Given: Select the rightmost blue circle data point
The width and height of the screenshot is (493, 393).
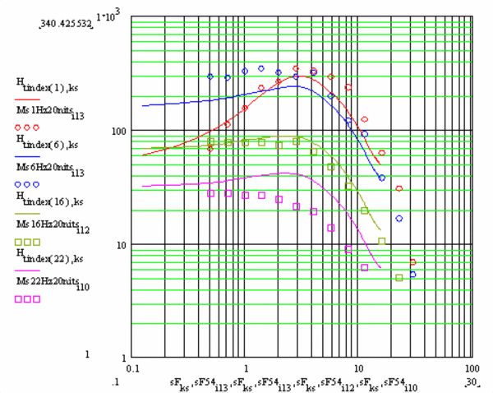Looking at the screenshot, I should click(x=412, y=275).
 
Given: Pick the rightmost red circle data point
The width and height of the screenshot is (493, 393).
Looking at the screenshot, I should click(x=412, y=262).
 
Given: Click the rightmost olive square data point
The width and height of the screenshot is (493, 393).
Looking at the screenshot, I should click(x=399, y=278).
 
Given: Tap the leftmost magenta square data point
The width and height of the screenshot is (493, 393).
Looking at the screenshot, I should click(x=211, y=193).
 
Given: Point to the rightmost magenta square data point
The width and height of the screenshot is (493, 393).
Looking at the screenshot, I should click(x=365, y=267).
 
